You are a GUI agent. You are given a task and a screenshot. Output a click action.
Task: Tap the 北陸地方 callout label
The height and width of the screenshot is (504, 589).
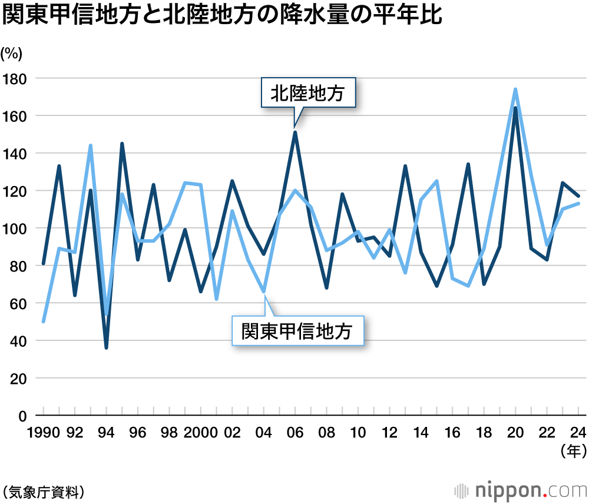click(307, 93)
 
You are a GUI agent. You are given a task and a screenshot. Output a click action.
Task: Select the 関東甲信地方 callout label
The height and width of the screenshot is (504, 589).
click(297, 331)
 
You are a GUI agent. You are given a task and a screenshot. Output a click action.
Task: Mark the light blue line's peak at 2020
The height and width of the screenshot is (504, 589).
click(515, 89)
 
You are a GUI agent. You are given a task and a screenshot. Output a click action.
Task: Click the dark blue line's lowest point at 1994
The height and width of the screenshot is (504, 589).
click(106, 347)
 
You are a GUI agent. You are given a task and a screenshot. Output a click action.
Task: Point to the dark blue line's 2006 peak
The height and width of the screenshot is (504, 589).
click(294, 132)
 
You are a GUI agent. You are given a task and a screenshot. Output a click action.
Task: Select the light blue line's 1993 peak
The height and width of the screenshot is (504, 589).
click(91, 145)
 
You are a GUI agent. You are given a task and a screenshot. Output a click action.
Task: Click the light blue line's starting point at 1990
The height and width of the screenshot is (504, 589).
click(44, 321)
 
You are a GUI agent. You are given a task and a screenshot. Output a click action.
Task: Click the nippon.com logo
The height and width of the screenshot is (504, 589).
click(521, 490)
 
